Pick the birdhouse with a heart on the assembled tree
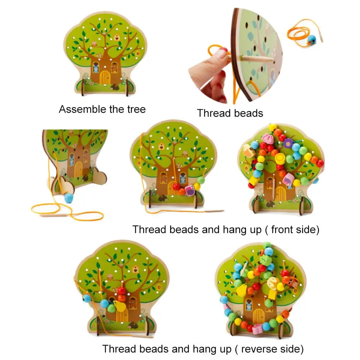pyautogui.click(x=117, y=37)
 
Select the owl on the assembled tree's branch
pyautogui.click(x=95, y=45)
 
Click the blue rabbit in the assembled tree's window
pyautogui.click(x=96, y=67)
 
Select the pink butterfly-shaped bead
pyautogui.click(x=267, y=138)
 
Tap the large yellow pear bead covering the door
pyautogui.click(x=118, y=306)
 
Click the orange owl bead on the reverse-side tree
pyautogui.click(x=287, y=279)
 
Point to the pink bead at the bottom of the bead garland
pyautogui.click(x=257, y=329)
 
